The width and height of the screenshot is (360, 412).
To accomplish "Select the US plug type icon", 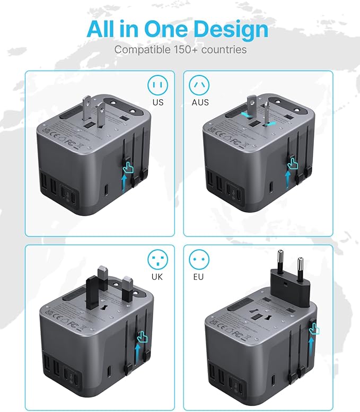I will point(157,84).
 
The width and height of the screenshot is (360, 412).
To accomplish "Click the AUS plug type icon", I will point(200,84).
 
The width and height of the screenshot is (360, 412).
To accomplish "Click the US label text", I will point(157,102).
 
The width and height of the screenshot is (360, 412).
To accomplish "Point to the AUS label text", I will point(200,102).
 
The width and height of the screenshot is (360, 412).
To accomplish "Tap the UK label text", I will point(157,277).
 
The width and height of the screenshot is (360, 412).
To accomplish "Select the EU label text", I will point(200,277).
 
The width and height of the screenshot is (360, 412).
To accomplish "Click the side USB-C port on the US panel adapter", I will point(108,189).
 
